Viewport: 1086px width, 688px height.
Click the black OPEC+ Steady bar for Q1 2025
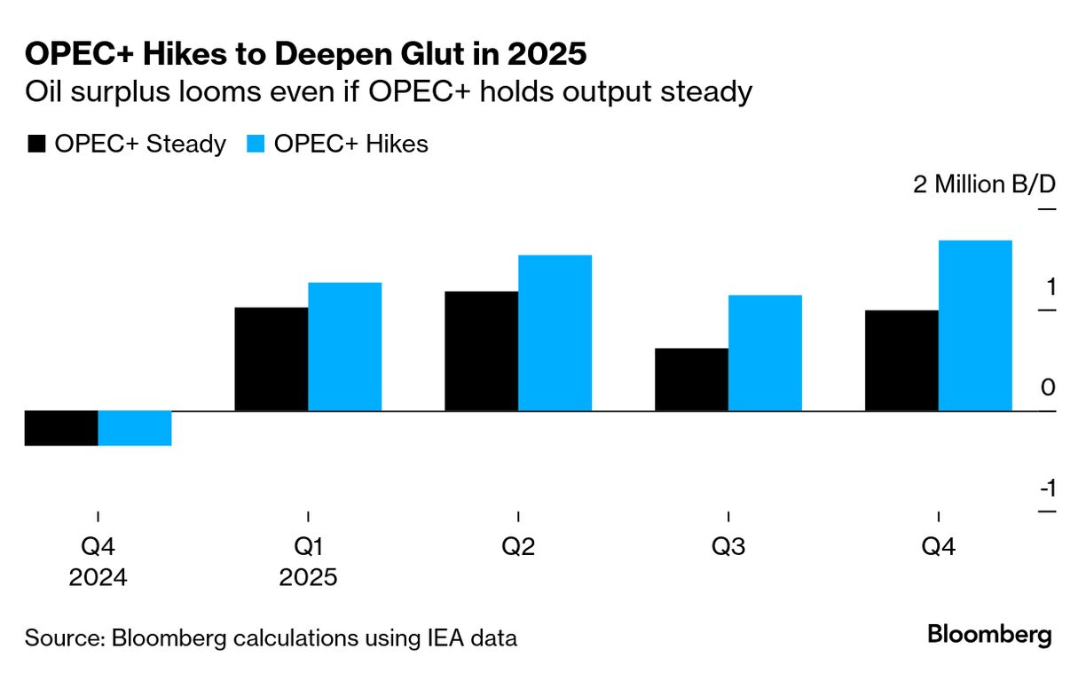(x=271, y=359)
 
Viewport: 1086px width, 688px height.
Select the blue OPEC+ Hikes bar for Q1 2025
(x=345, y=347)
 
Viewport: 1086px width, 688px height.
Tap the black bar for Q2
(x=482, y=351)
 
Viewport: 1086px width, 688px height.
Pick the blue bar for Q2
(x=555, y=333)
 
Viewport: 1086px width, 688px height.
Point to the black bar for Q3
(x=692, y=379)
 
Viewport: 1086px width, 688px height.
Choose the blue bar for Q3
(x=766, y=353)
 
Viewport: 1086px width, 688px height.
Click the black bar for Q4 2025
(x=901, y=361)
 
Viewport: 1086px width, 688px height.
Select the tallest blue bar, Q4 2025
(x=975, y=325)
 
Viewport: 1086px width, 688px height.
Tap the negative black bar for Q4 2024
(x=61, y=428)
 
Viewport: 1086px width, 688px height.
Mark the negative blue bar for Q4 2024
(x=135, y=428)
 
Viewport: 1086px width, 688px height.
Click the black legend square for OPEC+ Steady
(x=36, y=145)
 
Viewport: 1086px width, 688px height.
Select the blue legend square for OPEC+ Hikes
(x=255, y=145)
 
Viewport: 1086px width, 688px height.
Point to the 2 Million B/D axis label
(x=985, y=185)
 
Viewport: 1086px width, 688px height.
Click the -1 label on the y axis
(x=1047, y=489)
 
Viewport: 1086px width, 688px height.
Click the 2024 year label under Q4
(x=98, y=578)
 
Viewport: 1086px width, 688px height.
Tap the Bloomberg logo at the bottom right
(x=989, y=635)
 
